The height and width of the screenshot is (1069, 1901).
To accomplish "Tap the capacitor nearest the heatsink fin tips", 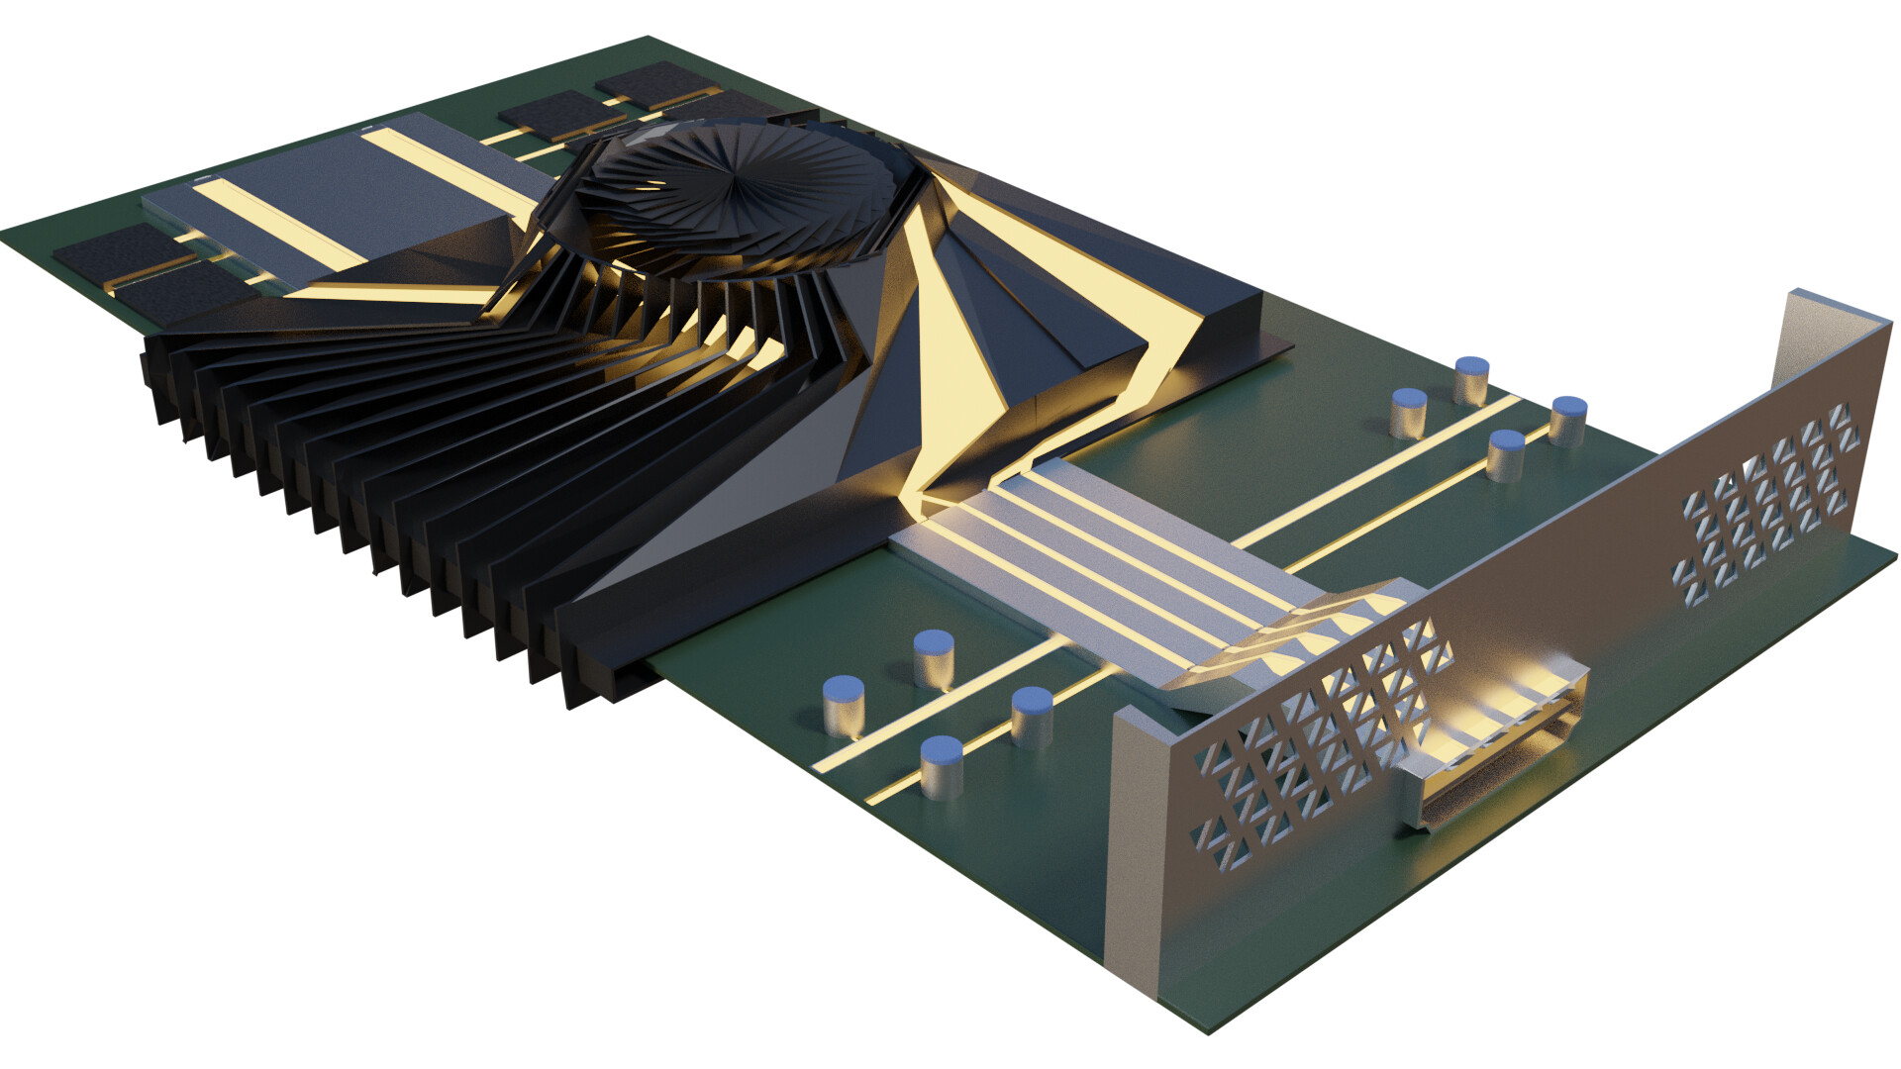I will click(x=844, y=705).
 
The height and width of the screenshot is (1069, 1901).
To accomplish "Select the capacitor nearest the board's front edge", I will click(x=942, y=767).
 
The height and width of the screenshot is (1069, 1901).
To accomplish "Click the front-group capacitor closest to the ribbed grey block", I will click(x=1032, y=715).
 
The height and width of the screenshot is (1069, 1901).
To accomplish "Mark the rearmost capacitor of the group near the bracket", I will click(x=1471, y=380).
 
